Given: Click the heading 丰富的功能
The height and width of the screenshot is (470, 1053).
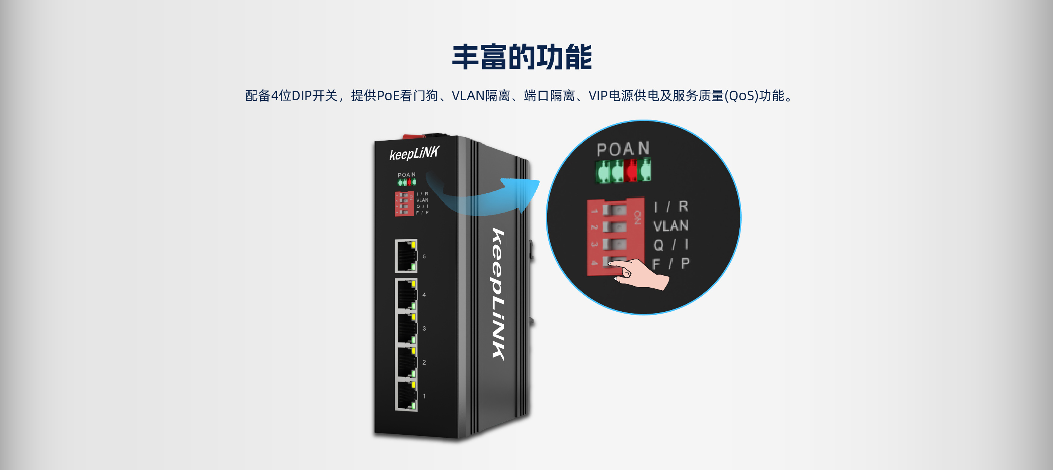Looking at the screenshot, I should pos(522,57).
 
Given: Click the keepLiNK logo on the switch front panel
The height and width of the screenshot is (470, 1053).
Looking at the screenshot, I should pos(414,153).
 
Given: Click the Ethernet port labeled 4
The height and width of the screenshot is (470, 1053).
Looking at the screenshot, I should pos(406,294).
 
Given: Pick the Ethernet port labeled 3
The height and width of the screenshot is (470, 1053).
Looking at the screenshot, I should pos(406,328).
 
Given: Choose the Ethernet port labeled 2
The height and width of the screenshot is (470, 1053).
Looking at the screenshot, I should pos(406,362).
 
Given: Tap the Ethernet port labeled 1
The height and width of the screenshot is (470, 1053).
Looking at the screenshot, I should pos(406,396).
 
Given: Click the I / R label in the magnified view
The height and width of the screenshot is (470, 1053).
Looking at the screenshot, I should pos(671,207).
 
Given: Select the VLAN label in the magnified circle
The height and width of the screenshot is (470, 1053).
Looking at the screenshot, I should pos(671,226).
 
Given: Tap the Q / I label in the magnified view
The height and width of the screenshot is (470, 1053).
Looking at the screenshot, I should pos(671,244).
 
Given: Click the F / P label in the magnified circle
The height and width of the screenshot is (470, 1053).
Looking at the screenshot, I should pos(671,264).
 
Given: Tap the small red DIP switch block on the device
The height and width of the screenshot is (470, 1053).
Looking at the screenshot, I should pos(404,203).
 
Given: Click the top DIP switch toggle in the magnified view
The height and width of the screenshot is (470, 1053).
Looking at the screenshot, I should pos(614,210).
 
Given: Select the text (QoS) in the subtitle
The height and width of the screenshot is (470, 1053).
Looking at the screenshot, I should pos(741,96).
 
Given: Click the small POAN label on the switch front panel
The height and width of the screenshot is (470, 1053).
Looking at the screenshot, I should pos(406,175).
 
